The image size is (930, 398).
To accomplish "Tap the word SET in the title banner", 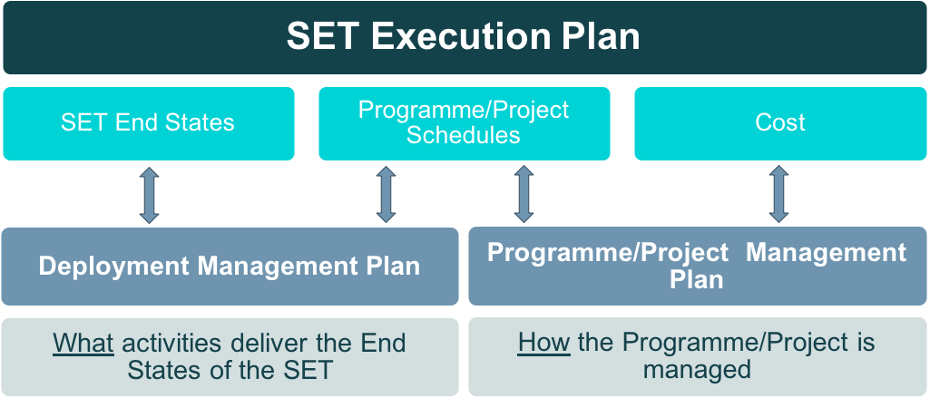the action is [x=323, y=37].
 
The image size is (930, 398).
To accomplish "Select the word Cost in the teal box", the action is [x=780, y=122].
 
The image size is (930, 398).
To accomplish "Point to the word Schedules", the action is [x=464, y=135].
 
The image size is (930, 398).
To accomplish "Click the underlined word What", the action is [x=83, y=343].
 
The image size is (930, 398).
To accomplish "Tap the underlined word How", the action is [x=544, y=343].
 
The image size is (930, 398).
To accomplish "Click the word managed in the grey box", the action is [x=698, y=371].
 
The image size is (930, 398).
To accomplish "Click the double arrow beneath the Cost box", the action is [x=778, y=194].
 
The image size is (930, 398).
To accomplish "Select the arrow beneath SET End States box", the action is [x=149, y=195].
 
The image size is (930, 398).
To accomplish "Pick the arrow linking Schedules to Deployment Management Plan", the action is [x=387, y=194].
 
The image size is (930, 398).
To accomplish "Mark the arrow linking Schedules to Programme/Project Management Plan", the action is [x=524, y=194].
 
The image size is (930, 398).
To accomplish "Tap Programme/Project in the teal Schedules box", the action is [x=464, y=110].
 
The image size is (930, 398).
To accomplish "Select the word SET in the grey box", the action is [x=308, y=371].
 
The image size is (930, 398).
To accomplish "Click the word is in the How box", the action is [x=866, y=343].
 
